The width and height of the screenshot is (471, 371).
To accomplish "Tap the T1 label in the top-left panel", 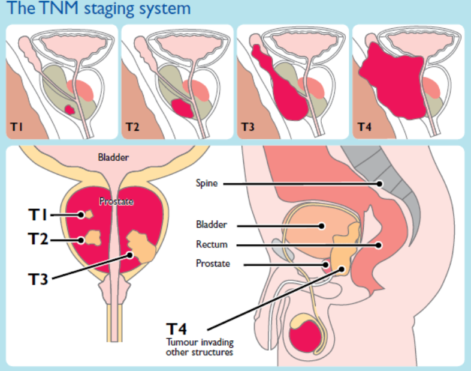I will coord(17,127).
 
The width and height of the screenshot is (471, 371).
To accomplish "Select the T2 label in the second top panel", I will coord(132,127).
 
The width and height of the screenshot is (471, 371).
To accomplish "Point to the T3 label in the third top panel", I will coord(247,127).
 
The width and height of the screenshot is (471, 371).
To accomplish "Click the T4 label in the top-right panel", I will coord(363,127).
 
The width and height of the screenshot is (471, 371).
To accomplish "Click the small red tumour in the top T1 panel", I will coord(70,110).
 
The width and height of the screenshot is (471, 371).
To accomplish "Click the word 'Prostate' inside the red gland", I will coord(116,202).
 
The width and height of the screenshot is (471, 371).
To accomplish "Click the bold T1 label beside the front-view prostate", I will coord(40,214).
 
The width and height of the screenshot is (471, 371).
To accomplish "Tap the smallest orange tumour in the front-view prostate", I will coord(87,214).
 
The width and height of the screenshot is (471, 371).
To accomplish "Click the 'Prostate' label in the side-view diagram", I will coord(213,264).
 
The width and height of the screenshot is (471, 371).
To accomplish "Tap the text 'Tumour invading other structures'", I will coord(200,348).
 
